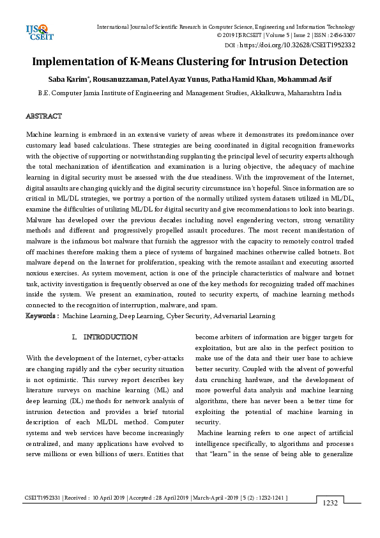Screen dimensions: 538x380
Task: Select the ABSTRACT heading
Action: tap(43, 116)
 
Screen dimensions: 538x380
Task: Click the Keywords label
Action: tap(42, 316)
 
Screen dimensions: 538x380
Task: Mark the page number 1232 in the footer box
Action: tap(330, 503)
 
